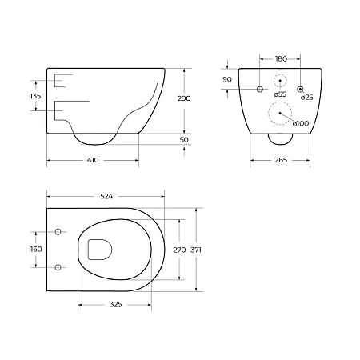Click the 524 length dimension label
click(x=106, y=197)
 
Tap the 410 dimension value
click(x=93, y=160)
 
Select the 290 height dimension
click(x=184, y=98)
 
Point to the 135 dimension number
click(x=35, y=96)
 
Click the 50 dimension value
click(x=184, y=140)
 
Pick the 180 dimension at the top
click(x=281, y=59)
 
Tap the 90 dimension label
click(x=227, y=79)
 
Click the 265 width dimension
click(x=281, y=160)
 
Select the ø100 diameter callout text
click(x=301, y=123)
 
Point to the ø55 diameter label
click(x=280, y=94)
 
